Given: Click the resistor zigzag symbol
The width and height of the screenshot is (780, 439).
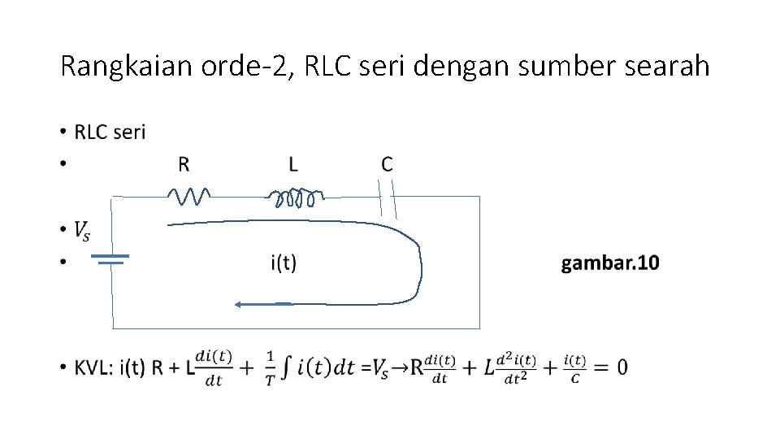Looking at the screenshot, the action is point(189,196).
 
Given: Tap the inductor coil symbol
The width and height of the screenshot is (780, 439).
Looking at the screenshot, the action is point(296,198).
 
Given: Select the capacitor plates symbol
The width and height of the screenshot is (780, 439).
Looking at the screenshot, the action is point(388,198).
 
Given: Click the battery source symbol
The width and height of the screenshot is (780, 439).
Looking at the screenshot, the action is point(110,259).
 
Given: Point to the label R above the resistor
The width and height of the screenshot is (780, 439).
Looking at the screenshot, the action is point(184,164).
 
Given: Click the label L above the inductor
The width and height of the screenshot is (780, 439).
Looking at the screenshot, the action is point(293,164).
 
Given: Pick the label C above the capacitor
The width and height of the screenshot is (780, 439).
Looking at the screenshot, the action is point(387,164).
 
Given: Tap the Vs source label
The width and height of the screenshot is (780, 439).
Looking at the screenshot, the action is point(82,231).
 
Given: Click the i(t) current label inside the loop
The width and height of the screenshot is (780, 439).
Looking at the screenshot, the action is point(284,263).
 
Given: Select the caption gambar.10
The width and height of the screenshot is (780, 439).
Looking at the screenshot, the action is point(610,263).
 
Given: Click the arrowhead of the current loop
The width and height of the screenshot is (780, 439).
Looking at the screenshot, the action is point(240,304).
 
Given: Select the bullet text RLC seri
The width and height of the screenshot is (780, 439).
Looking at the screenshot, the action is point(110,132).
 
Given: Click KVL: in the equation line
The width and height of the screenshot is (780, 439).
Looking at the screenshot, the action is point(95,367).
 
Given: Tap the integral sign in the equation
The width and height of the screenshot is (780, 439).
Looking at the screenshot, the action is point(285,367).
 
